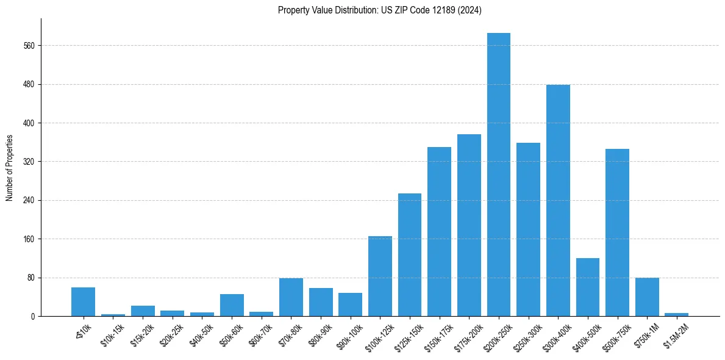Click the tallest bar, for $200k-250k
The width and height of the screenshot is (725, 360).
click(499, 175)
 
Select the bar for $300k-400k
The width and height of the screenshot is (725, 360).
click(558, 200)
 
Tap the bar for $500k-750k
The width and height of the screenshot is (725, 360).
click(617, 232)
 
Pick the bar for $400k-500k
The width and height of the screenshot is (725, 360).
click(588, 287)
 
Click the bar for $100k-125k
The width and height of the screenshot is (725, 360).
click(380, 276)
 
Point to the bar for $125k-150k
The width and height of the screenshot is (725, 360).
click(410, 254)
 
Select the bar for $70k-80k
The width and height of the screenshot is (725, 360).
click(291, 297)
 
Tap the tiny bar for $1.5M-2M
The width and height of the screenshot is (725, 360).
click(676, 314)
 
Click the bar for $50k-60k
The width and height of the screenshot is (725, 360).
click(232, 305)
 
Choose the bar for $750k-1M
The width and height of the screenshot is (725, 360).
click(647, 297)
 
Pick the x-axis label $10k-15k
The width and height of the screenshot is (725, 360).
click(112, 334)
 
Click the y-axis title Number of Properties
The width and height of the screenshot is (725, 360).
click(9, 168)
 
